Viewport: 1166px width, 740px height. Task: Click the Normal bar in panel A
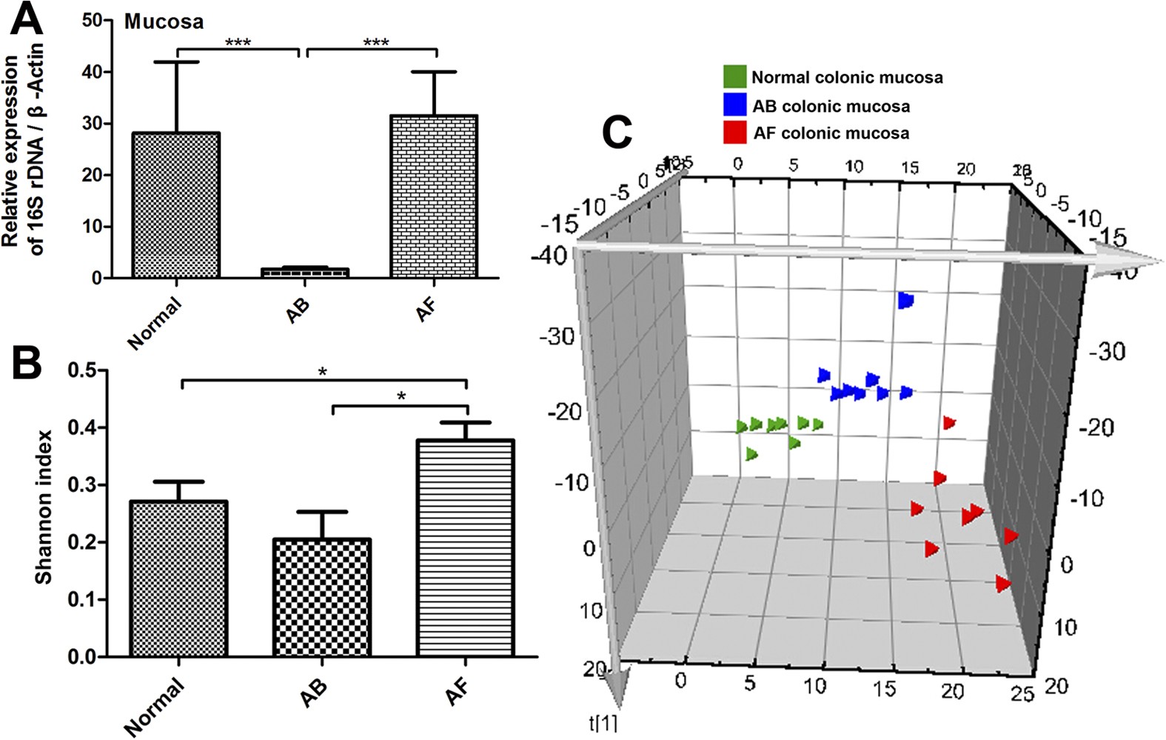pos(176,205)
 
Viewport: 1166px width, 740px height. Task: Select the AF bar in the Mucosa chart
pos(434,197)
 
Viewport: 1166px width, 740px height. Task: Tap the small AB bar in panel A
pos(304,273)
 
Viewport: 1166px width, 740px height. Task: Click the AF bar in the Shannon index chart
pos(466,548)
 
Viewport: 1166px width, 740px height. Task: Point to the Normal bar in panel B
pos(178,579)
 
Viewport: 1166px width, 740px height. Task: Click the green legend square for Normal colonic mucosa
pos(734,76)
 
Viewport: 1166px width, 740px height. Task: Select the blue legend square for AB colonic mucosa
pos(734,104)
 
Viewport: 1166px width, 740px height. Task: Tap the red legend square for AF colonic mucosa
pos(734,133)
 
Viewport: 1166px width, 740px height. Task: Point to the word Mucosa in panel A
pos(164,21)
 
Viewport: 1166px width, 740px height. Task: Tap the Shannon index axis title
pos(44,507)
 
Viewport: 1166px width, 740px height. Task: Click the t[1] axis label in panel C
pos(603,723)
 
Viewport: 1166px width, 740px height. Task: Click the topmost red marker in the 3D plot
pos(949,423)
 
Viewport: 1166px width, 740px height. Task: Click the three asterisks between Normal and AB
pos(238,42)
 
